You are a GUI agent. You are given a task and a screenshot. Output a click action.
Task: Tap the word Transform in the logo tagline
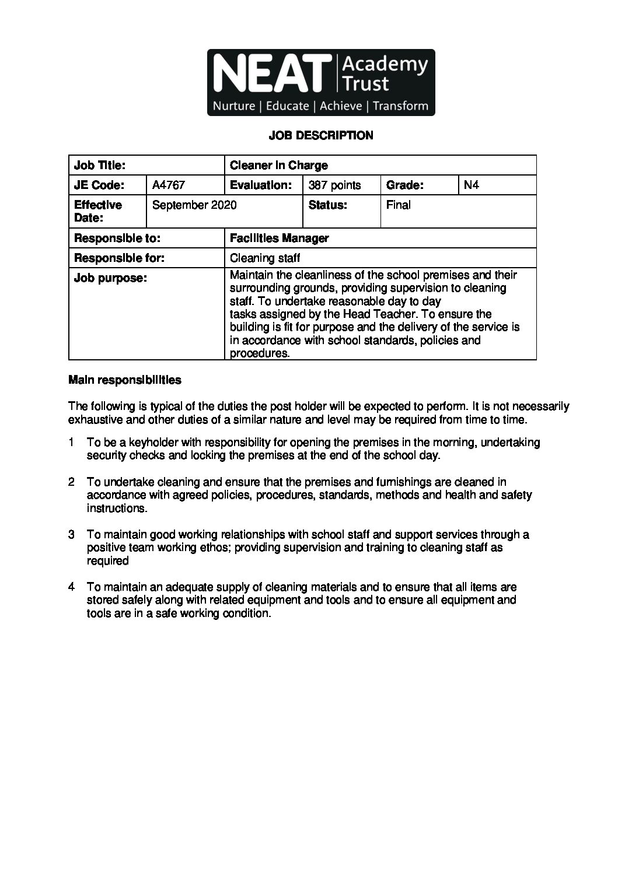(400, 106)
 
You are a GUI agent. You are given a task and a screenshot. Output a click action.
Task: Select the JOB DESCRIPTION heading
(320, 136)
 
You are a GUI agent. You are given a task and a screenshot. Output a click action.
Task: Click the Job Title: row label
(100, 166)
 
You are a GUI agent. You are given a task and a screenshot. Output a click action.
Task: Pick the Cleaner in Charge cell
(279, 166)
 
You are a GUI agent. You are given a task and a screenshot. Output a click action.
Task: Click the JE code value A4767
(169, 185)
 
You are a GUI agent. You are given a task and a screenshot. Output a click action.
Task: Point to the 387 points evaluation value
(335, 185)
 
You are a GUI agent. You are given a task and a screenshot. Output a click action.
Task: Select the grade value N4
(471, 185)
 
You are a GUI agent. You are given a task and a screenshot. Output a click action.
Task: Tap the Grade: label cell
(404, 185)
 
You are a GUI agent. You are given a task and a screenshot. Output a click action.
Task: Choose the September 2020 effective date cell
(194, 205)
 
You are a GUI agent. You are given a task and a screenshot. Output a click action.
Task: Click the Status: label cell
(327, 205)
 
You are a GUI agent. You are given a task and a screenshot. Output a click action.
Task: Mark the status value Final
(399, 205)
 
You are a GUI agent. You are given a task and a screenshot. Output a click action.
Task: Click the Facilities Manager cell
(279, 238)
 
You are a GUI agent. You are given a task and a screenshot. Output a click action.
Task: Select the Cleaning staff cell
(265, 258)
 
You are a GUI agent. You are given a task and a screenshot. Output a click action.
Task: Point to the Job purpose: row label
(110, 278)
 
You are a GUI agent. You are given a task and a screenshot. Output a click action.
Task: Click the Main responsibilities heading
(125, 380)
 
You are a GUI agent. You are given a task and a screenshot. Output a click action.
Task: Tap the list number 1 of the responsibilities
(71, 443)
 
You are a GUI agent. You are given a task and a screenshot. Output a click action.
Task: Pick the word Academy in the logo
(385, 64)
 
